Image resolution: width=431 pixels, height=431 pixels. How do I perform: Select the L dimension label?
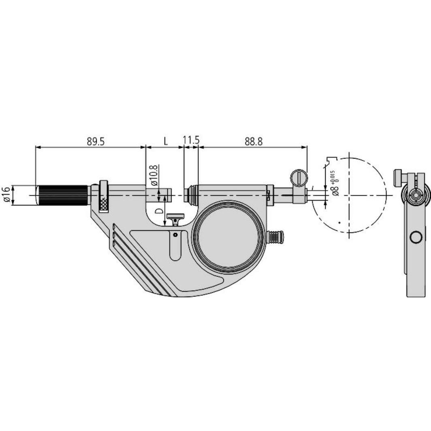point(165,141)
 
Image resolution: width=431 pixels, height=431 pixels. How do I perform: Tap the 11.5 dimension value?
point(191,140)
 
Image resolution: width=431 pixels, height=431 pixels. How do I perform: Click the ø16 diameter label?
point(6,195)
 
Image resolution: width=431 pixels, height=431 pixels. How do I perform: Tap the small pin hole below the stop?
point(175,235)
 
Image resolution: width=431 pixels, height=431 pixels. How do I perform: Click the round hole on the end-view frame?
point(416,237)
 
